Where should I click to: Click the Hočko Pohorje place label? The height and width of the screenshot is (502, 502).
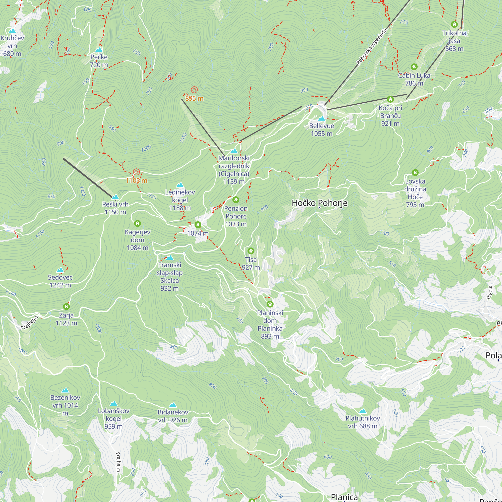[319, 203]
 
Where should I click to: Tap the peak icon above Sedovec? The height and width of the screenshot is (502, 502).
[60, 270]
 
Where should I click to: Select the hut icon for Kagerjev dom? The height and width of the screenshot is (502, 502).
[138, 223]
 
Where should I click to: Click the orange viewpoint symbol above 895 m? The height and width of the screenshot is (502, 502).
[194, 90]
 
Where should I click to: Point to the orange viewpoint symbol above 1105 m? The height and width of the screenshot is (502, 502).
[136, 172]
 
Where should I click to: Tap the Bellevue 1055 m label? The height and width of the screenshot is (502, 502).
[322, 130]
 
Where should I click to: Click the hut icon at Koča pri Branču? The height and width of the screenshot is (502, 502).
[390, 99]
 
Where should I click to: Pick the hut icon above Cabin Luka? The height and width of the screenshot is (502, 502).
[414, 67]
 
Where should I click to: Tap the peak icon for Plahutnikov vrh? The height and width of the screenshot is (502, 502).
[363, 411]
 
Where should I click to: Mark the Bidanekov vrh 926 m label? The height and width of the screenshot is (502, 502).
[172, 416]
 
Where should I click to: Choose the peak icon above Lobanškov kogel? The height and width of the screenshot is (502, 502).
[113, 404]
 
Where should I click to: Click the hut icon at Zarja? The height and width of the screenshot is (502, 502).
[66, 307]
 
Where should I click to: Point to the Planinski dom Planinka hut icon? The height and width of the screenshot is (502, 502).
[270, 304]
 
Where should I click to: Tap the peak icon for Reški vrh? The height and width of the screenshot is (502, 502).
[115, 197]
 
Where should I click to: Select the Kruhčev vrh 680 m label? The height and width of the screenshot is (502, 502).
[12, 46]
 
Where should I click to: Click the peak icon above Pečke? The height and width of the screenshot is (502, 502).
[99, 50]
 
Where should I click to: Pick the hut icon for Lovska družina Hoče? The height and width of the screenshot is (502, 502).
[415, 172]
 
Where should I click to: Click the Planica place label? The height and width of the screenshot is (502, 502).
[344, 496]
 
